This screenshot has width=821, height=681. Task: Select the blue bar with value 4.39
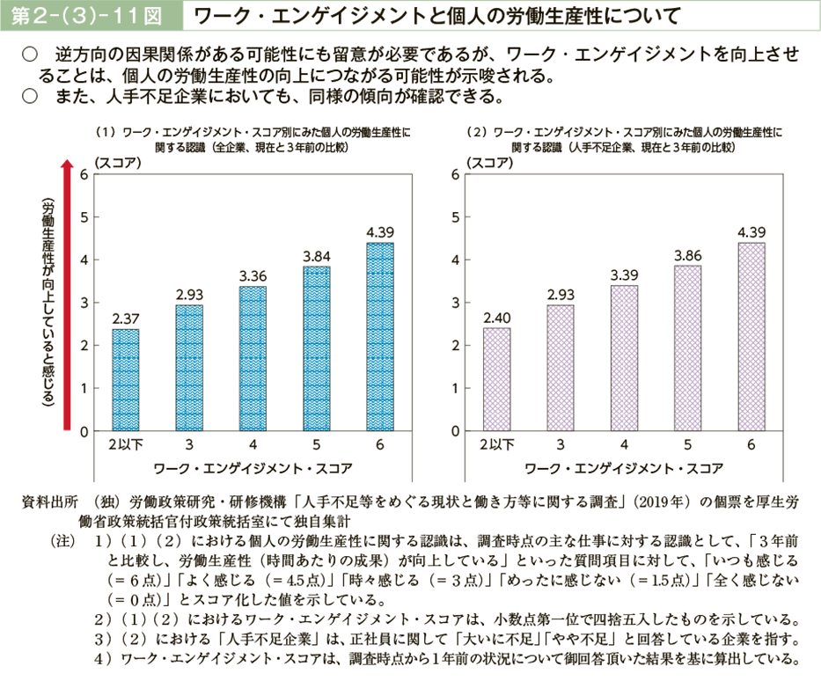[379, 336]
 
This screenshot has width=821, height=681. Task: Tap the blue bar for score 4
[252, 358]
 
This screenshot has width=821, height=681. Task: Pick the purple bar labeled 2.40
[496, 379]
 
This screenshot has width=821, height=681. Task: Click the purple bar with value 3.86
[687, 348]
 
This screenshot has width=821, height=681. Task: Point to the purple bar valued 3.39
[624, 358]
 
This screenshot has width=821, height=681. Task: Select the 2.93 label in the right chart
[560, 294]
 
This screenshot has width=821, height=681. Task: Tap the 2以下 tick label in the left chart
[124, 445]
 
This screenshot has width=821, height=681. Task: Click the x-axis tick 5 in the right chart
[687, 445]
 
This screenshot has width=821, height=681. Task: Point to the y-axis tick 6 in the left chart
[83, 174]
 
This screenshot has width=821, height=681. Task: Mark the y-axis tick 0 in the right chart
[455, 431]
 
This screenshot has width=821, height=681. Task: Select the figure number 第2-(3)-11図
[89, 15]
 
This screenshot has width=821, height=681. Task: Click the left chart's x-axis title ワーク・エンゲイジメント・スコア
[253, 466]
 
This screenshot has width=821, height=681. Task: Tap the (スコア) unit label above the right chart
[492, 160]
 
